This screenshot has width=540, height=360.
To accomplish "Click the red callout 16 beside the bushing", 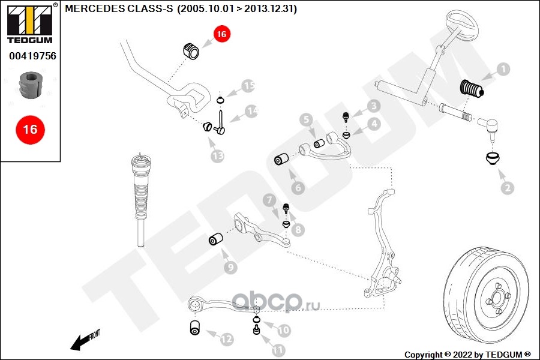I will (x=221, y=35).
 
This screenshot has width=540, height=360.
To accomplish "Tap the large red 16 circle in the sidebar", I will (x=30, y=129).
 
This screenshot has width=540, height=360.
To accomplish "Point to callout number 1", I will (x=503, y=70).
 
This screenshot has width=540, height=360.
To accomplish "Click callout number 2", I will (x=507, y=188).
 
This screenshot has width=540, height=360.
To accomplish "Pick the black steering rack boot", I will (x=472, y=91).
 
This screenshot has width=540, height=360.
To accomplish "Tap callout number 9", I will (x=230, y=268).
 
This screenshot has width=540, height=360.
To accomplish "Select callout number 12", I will (x=226, y=340).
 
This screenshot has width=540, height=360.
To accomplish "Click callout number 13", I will (x=217, y=156).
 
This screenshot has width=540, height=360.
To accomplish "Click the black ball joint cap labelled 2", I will (x=493, y=160).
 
